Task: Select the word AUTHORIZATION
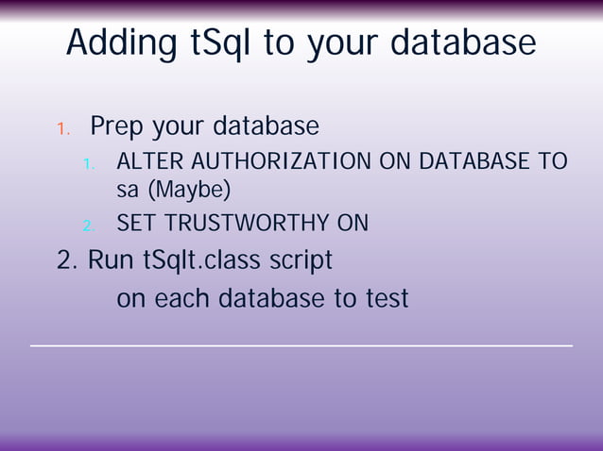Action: point(275,162)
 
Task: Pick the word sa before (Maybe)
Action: point(127,190)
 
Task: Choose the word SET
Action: point(137,224)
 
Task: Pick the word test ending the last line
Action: point(386,299)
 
